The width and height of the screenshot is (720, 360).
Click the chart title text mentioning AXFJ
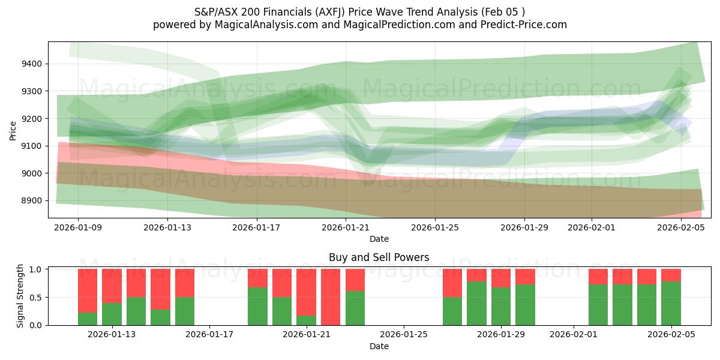[x=359, y=11]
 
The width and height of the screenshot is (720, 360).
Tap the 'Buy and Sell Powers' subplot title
[x=379, y=257]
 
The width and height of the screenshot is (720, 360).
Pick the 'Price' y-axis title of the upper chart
[x=13, y=130]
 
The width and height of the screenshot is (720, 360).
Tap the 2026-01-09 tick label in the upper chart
[x=78, y=228]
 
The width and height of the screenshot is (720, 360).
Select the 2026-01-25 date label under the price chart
[x=435, y=228]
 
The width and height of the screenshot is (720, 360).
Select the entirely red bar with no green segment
[x=331, y=297]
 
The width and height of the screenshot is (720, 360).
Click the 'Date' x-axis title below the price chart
[x=379, y=239]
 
